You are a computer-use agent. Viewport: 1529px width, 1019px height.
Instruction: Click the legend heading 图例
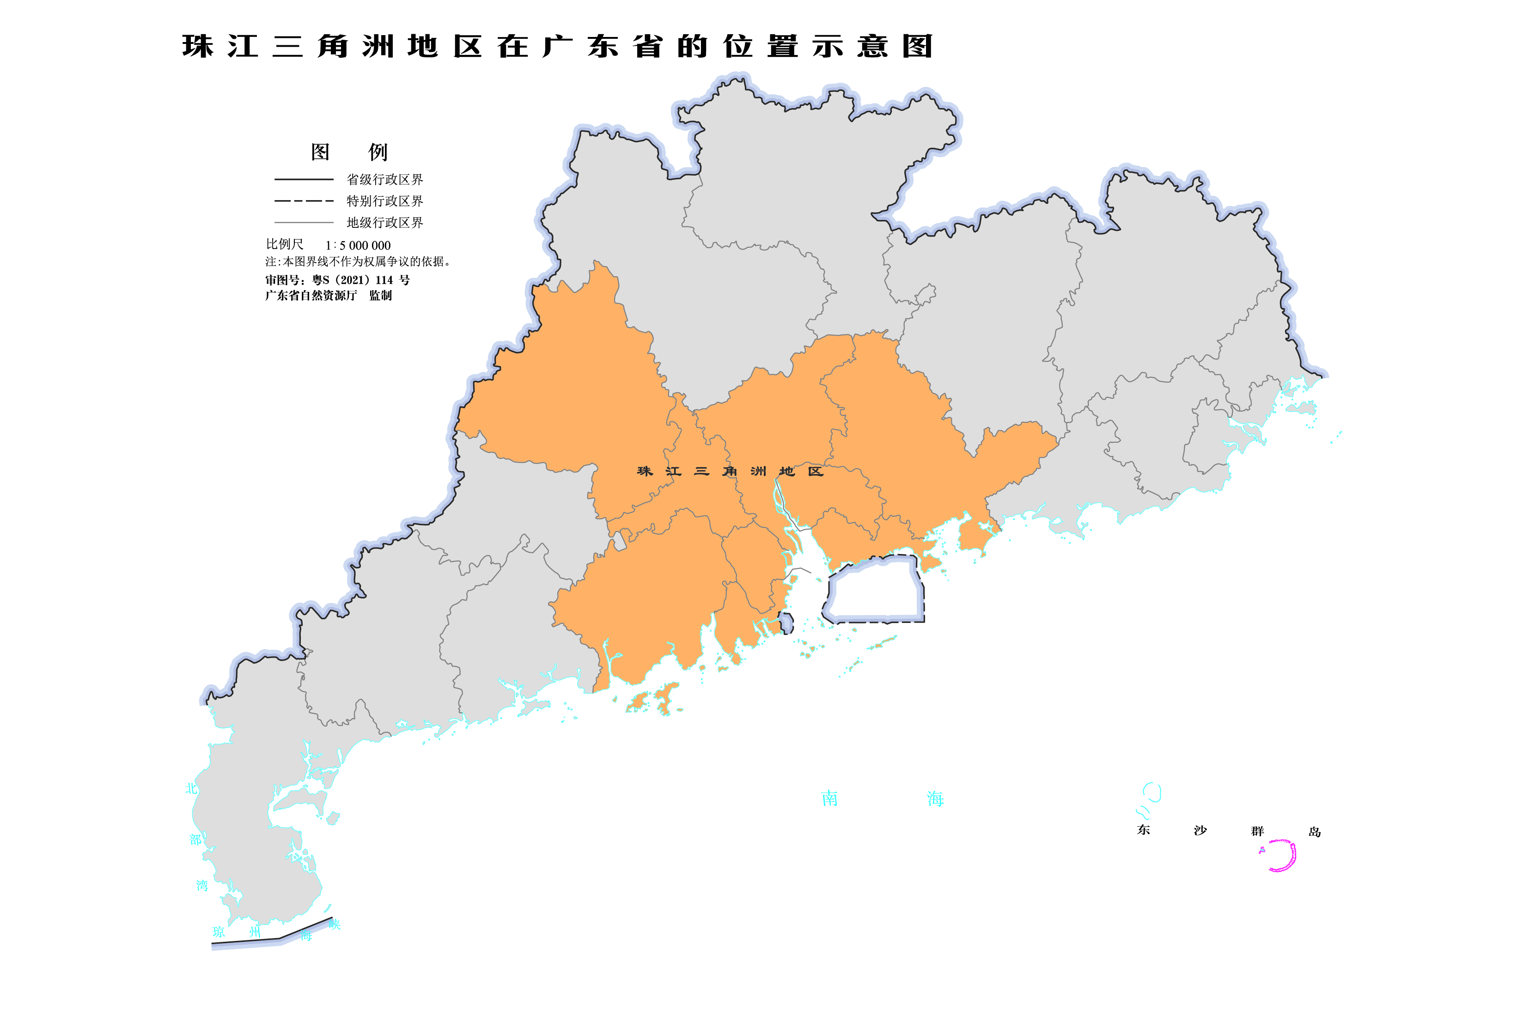point(349,152)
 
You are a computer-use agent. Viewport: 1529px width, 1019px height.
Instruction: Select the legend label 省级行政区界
point(385,179)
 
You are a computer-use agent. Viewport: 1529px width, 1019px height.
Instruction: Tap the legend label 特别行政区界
point(385,201)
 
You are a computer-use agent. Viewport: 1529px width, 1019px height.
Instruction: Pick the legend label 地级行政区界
point(385,222)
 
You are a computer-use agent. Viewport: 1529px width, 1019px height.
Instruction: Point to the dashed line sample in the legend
point(304,201)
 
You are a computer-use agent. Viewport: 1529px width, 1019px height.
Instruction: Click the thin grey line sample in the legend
point(304,222)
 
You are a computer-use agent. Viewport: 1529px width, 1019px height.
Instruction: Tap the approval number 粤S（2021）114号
point(337,280)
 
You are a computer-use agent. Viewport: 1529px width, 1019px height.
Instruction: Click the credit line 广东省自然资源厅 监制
point(328,296)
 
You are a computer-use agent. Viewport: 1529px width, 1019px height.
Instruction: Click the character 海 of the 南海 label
point(935,799)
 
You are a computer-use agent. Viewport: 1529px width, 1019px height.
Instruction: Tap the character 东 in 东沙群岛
point(1144,830)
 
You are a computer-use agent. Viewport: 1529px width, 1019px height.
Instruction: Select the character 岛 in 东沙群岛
point(1315,832)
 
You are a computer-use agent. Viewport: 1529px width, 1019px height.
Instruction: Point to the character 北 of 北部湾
point(191,788)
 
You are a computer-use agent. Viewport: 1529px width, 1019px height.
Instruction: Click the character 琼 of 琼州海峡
point(219,932)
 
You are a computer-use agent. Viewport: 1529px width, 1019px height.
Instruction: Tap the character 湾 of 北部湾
point(202,885)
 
